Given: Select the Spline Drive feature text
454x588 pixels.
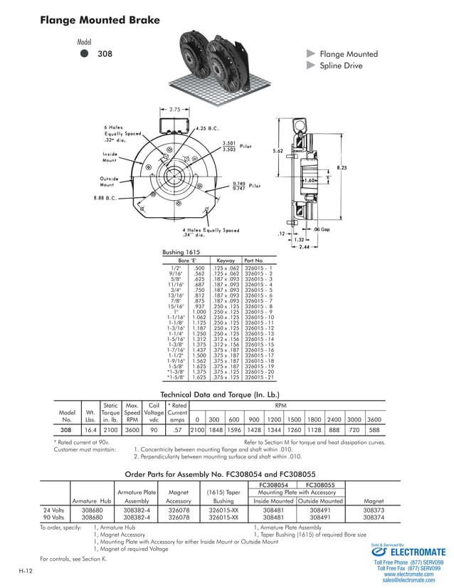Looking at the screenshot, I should click(341, 65).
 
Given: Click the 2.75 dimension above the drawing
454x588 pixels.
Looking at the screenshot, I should click(174, 110).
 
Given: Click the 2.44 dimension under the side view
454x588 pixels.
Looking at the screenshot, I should click(304, 246).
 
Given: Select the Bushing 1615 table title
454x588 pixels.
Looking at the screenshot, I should click(181, 252).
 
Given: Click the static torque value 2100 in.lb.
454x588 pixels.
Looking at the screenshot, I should click(110, 430).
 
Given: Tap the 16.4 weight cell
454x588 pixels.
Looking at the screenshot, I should click(90, 430).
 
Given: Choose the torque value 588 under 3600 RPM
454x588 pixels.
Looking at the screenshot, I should click(374, 430).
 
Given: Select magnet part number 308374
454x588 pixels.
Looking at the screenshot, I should click(374, 518).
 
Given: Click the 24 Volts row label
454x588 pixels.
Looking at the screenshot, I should click(54, 510).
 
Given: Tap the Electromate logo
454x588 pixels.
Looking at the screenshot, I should click(408, 552).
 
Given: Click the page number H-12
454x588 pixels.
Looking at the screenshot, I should click(26, 572).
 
